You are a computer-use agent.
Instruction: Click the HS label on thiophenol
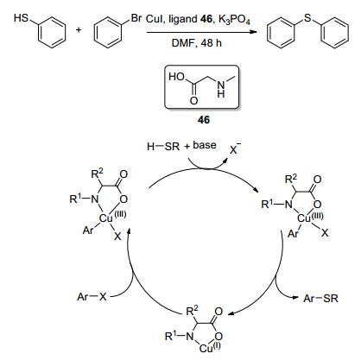(x=21, y=18)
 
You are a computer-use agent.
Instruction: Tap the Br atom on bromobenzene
(x=136, y=18)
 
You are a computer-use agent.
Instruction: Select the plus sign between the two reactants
(x=79, y=29)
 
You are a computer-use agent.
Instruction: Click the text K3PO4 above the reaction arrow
(x=234, y=19)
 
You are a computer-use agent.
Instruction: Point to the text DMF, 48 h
(x=197, y=43)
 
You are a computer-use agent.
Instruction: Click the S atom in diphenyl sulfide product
(x=307, y=18)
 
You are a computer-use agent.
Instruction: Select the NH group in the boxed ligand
(x=221, y=89)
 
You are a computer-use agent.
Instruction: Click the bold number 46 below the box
(x=204, y=119)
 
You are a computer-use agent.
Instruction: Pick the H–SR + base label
(x=181, y=146)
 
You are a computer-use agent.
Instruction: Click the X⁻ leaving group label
(x=235, y=149)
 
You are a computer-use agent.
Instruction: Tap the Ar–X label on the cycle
(x=92, y=297)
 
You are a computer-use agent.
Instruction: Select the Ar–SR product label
(x=320, y=298)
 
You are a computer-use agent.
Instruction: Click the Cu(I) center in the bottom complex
(x=210, y=348)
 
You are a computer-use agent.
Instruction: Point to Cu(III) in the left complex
(x=112, y=218)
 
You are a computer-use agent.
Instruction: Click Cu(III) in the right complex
(x=310, y=218)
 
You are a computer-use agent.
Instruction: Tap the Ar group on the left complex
(x=88, y=231)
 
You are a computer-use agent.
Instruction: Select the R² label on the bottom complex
(x=193, y=311)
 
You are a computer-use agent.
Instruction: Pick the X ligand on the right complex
(x=325, y=232)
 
